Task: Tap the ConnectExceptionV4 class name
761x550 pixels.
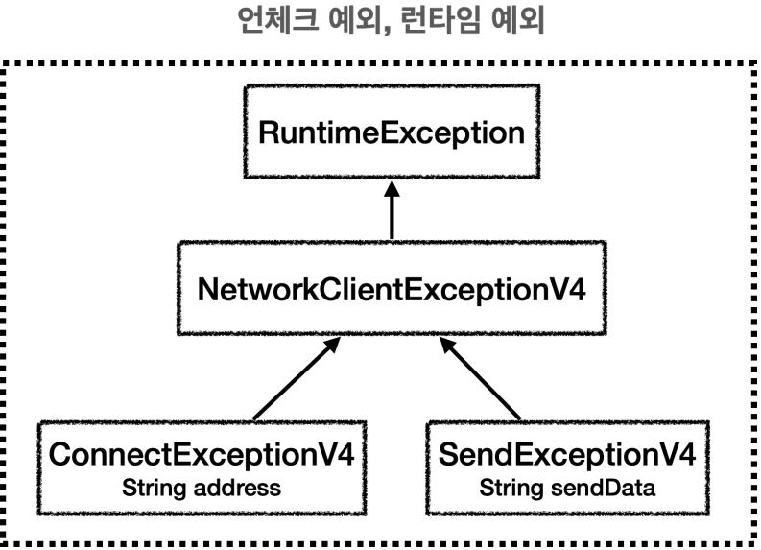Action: click(202, 454)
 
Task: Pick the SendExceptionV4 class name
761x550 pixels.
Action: click(567, 454)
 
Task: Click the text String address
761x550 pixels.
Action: click(202, 488)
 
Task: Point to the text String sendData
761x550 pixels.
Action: click(567, 488)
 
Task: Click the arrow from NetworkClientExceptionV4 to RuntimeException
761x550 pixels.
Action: click(392, 210)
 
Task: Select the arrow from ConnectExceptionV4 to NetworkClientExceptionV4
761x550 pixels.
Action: click(297, 378)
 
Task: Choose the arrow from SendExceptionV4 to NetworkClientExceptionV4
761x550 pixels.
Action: click(480, 378)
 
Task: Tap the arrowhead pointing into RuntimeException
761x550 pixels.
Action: click(392, 189)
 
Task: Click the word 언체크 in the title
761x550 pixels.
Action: click(278, 20)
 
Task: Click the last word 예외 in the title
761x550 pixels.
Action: click(517, 20)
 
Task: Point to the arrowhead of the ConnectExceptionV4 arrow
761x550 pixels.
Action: click(333, 345)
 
